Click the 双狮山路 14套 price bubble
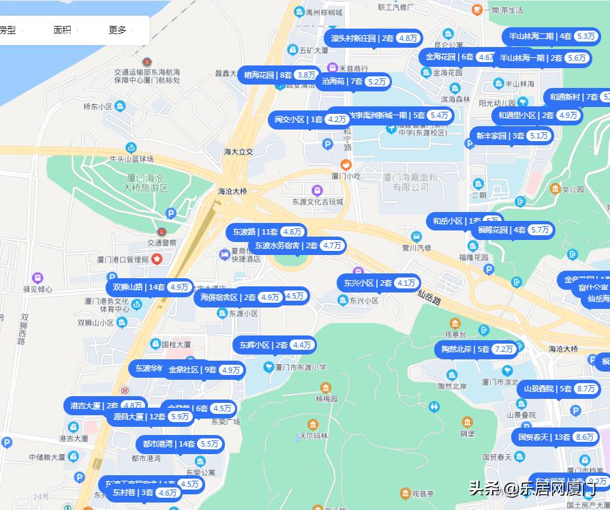click(150, 287)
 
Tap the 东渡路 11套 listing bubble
click(266, 232)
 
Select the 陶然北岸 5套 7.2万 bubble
click(476, 349)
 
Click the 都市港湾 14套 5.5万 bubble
click(180, 444)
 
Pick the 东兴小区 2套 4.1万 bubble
click(378, 283)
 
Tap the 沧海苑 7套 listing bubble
click(354, 81)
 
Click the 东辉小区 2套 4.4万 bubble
click(274, 345)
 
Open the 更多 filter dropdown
click(118, 30)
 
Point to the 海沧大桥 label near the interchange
click(232, 192)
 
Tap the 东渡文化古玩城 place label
click(317, 202)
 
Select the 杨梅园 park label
click(326, 397)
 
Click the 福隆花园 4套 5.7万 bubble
click(513, 230)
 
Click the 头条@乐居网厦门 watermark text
click(532, 488)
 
